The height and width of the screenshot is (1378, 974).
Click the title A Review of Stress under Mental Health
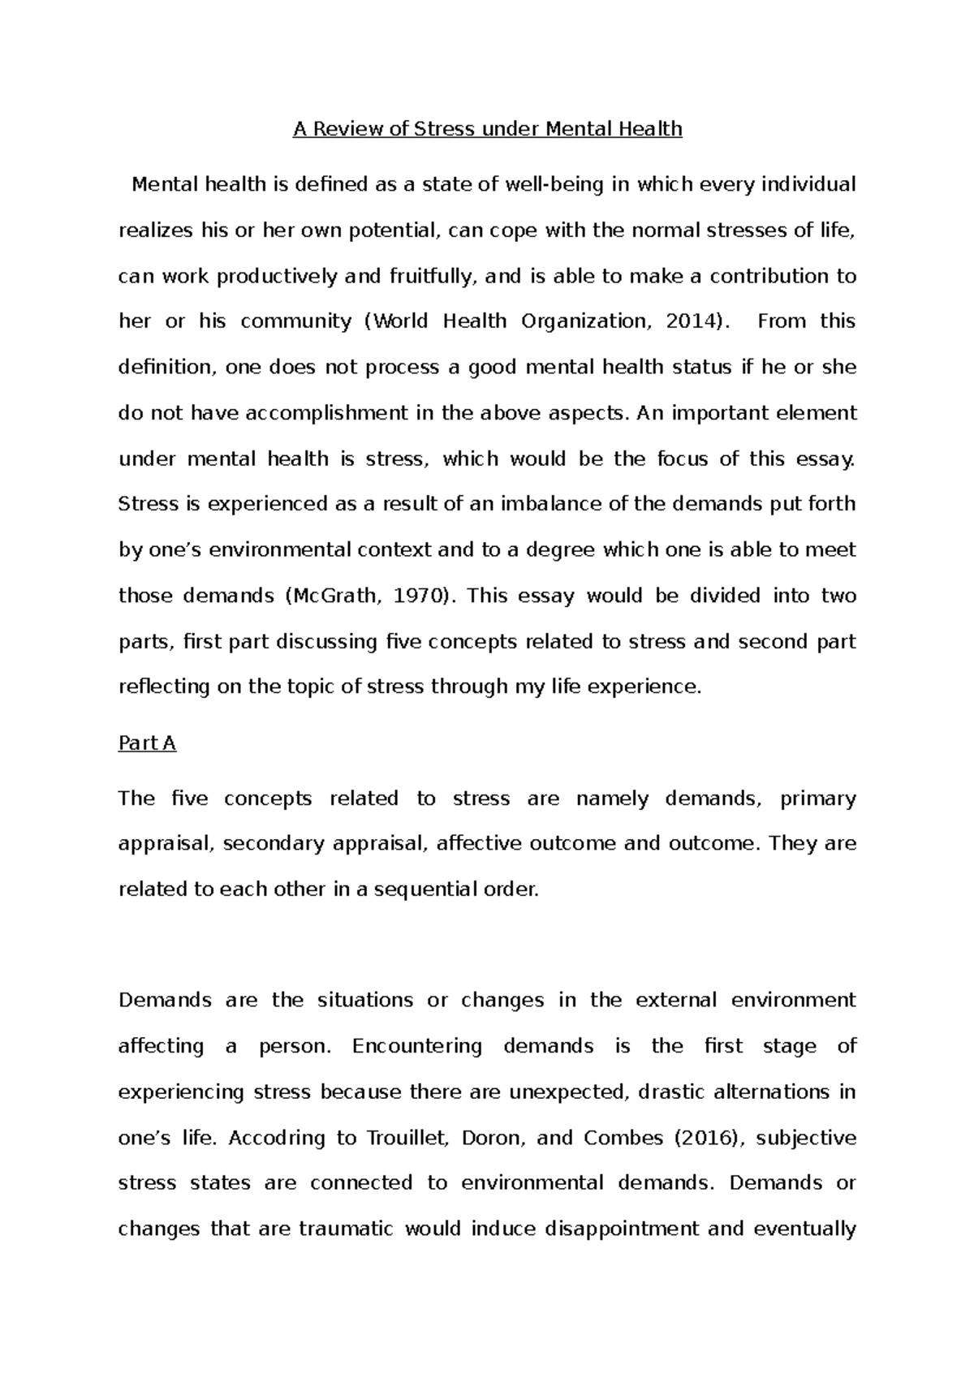(487, 129)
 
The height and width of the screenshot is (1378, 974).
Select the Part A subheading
(147, 743)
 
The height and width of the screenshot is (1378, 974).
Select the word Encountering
(417, 1046)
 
